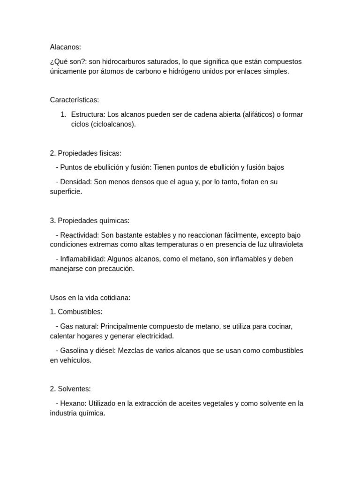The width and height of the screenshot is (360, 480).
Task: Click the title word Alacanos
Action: click(x=65, y=47)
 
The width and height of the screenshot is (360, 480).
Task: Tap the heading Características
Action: click(x=75, y=100)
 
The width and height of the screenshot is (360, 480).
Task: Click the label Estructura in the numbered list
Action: click(x=88, y=114)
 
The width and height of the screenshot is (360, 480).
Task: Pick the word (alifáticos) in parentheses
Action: click(x=259, y=114)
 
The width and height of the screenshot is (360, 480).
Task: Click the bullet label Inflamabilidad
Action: click(x=83, y=259)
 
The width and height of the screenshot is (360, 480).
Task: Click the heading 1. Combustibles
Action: click(x=76, y=312)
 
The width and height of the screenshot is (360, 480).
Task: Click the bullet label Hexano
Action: click(x=73, y=404)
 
